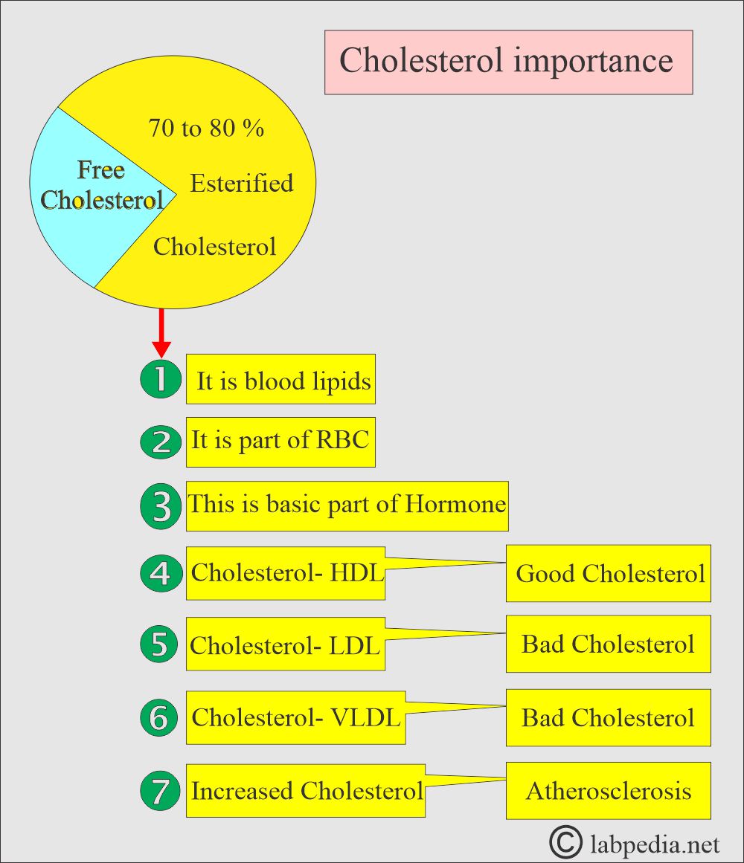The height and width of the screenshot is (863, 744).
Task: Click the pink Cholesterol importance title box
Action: click(x=508, y=62)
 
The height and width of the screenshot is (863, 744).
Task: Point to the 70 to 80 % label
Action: click(x=207, y=128)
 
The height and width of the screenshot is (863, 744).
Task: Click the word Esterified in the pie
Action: click(x=242, y=184)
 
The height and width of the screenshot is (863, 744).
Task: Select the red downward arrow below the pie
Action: click(x=161, y=333)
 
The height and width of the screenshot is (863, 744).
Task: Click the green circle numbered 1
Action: click(x=161, y=379)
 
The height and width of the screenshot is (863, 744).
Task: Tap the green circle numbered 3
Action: click(x=161, y=506)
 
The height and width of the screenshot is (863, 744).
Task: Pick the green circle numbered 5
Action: click(x=159, y=644)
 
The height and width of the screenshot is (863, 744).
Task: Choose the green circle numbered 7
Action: click(x=160, y=790)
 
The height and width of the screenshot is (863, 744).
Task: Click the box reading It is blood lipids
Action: click(x=280, y=379)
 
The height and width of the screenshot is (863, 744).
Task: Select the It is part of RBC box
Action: click(x=280, y=442)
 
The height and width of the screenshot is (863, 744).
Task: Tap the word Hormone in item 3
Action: click(x=455, y=503)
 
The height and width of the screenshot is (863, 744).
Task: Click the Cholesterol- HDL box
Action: click(x=285, y=573)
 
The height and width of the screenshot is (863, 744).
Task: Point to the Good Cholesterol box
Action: click(x=609, y=574)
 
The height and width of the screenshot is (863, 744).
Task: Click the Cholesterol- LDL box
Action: click(x=285, y=644)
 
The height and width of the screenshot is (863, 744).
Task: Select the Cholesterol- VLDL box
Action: click(x=295, y=718)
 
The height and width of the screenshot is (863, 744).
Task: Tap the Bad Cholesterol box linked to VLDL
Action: click(x=609, y=718)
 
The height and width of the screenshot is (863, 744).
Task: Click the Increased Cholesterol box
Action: click(x=306, y=790)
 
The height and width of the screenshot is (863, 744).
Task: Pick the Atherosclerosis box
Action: click(x=609, y=791)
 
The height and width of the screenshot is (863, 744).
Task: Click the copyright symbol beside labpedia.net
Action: click(x=565, y=842)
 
